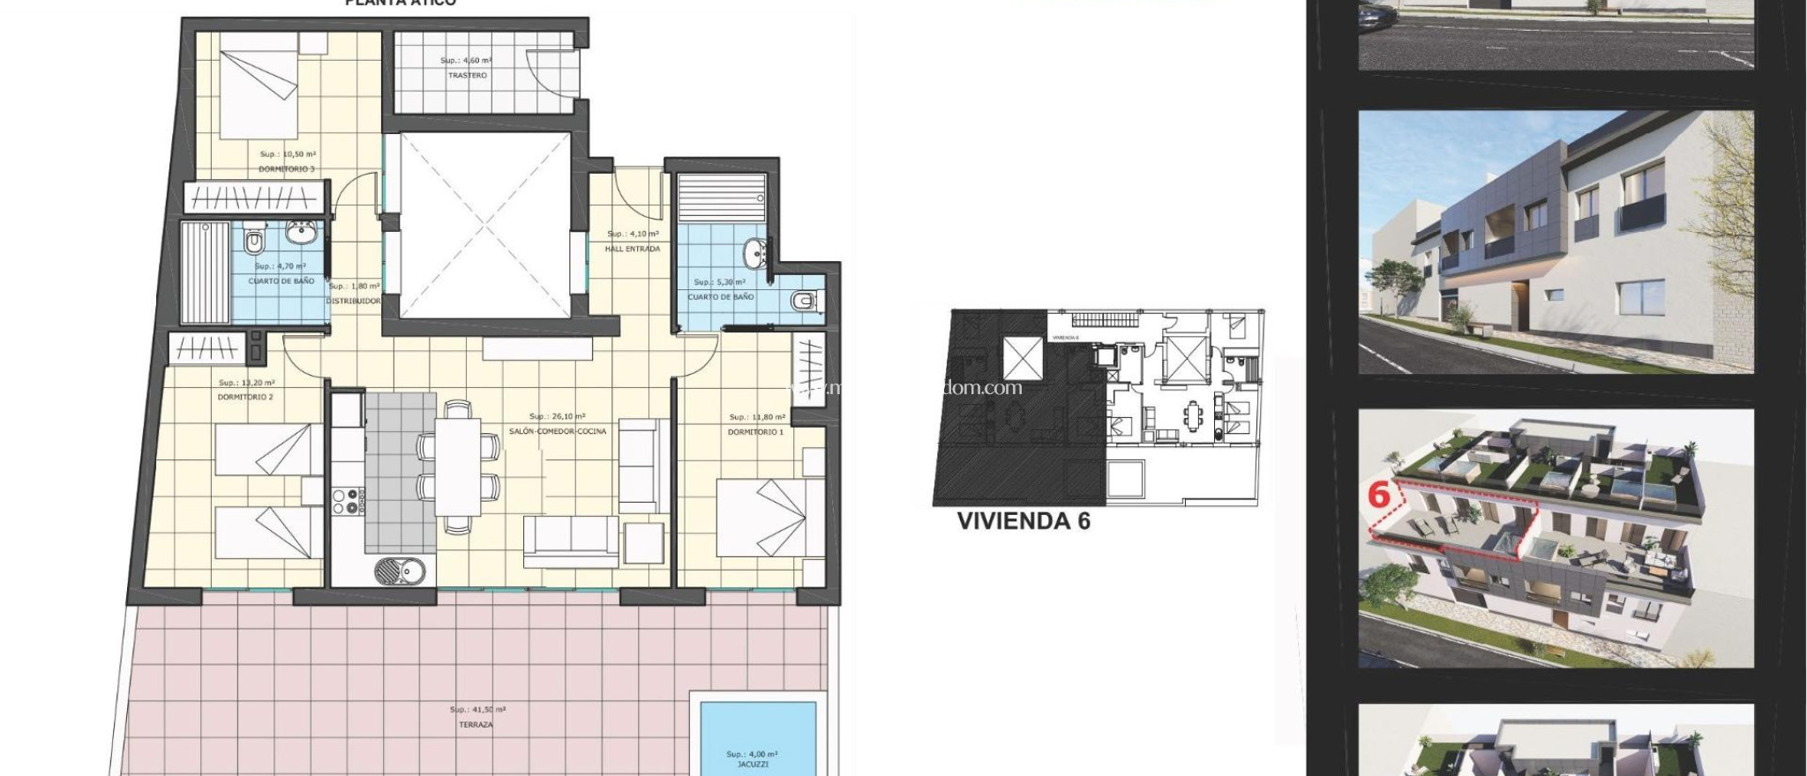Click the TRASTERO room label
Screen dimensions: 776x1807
point(467,76)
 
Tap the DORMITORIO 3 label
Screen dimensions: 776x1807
point(286,168)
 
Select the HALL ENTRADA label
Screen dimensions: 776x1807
point(632,249)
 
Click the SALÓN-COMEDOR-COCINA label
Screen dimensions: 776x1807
point(557,431)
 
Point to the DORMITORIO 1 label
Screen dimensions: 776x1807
point(754,432)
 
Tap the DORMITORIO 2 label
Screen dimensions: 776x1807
point(245,397)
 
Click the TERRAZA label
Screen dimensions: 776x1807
point(476,725)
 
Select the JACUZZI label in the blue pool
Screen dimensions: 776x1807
point(753,765)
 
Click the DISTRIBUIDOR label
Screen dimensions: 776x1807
point(354,301)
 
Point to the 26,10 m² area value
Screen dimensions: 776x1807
point(558,416)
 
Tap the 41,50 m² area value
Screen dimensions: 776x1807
point(477,710)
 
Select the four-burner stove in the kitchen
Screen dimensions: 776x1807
point(347,501)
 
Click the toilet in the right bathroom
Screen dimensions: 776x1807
point(804,302)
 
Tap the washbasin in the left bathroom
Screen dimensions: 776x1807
point(302,233)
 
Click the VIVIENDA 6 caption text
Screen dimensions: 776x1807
point(1023,521)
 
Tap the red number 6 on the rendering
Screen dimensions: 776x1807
point(1379,496)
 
